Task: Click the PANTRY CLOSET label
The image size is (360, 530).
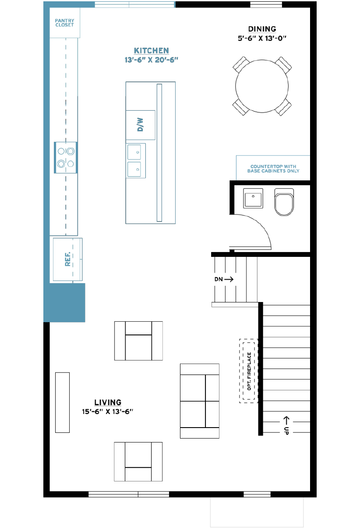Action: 64,23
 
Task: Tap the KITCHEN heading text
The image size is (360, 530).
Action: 152,51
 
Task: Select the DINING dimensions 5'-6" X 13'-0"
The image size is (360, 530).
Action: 262,39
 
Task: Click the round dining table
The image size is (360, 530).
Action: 262,86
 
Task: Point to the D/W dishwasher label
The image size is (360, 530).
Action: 140,124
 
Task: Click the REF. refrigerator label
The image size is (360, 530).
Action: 68,259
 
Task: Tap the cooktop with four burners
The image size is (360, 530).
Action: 66,158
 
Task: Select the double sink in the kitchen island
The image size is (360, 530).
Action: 135,161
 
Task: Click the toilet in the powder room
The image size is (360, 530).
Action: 284,202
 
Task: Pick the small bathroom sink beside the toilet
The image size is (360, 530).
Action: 253,198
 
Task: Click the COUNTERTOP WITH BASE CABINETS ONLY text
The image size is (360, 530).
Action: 273,168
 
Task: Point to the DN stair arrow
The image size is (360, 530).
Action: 229,279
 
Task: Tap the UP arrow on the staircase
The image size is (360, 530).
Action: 286,420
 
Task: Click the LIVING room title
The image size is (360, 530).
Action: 108,403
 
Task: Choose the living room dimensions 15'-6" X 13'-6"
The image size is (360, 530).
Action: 108,412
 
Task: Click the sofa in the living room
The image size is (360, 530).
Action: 200,401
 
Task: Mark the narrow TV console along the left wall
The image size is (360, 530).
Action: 62,403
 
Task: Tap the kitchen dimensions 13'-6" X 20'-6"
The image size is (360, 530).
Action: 152,60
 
